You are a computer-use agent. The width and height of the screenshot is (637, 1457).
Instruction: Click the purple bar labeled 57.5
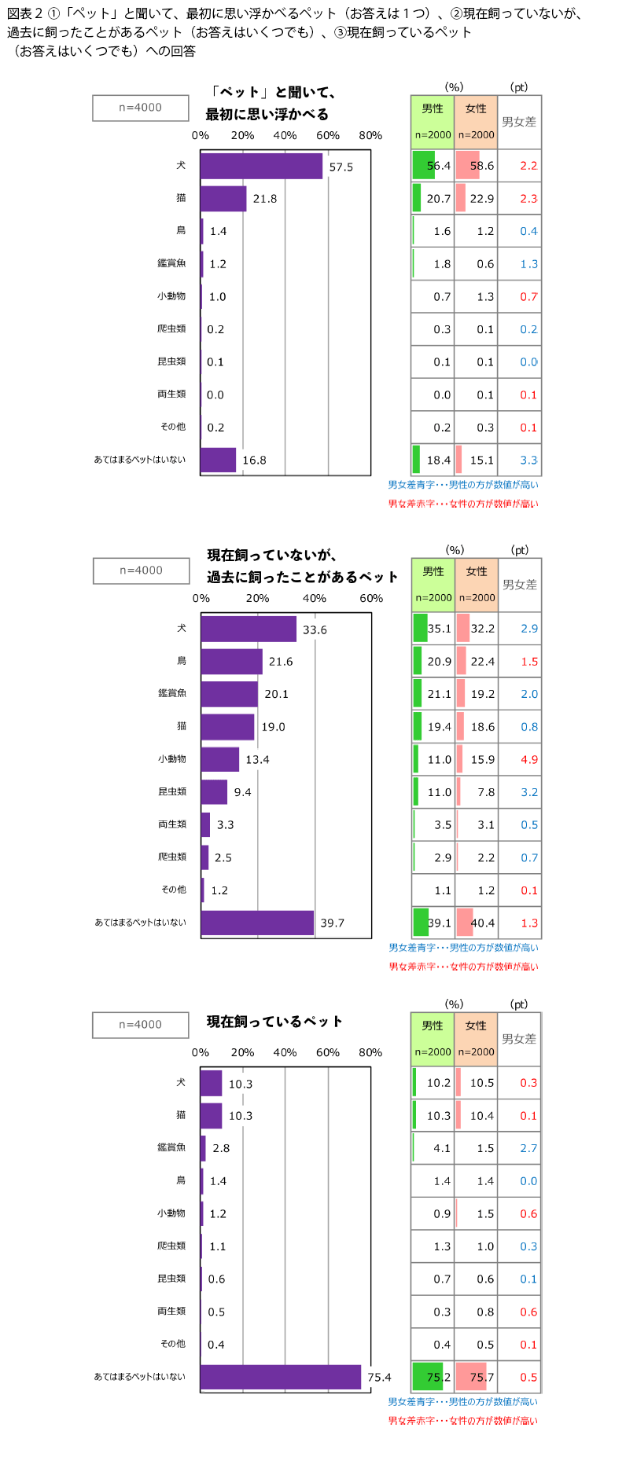tap(261, 166)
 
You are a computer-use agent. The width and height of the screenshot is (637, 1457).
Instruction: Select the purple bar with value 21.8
tap(223, 199)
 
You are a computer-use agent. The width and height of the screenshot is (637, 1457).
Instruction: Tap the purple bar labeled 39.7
tap(257, 923)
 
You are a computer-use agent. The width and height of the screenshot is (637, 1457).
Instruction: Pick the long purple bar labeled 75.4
tap(281, 1377)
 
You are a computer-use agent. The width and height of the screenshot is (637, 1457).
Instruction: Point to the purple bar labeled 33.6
tap(249, 629)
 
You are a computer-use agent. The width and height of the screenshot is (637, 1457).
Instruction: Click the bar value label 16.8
tap(254, 461)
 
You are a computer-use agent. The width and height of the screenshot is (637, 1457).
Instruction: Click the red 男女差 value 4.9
tap(529, 760)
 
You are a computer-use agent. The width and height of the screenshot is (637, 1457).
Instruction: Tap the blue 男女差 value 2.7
tap(528, 1148)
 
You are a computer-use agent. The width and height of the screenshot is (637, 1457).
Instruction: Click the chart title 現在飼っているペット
tap(274, 1022)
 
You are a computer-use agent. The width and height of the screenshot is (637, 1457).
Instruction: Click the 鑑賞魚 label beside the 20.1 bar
tap(172, 693)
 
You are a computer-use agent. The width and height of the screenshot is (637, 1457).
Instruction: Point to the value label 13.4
tap(257, 760)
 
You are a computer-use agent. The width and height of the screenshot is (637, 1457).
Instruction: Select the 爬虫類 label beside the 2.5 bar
tap(172, 857)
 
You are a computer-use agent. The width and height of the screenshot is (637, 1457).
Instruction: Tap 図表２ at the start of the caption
tap(24, 13)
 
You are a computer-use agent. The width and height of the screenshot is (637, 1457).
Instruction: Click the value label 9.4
tap(242, 792)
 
